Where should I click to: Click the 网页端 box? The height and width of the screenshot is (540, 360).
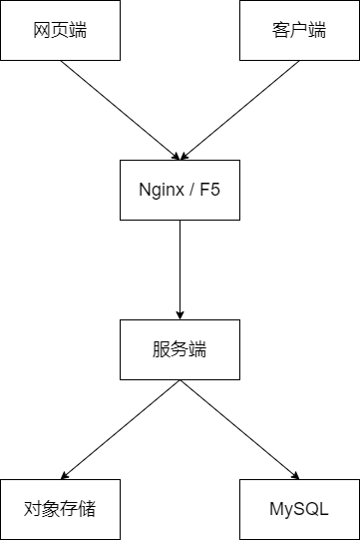pos(60,30)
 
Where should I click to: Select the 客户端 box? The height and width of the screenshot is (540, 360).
pos(300,30)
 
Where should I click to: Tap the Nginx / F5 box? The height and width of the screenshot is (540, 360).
pos(180,190)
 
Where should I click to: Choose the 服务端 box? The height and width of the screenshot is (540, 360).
pos(180,350)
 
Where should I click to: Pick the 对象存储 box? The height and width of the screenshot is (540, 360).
pos(60,509)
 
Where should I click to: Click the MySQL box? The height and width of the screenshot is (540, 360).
pos(300,509)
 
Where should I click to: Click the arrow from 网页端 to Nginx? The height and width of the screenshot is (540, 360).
pos(120,110)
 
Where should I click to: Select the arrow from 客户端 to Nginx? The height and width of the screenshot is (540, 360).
pos(240,110)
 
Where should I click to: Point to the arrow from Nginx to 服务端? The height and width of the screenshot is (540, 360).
pos(180,270)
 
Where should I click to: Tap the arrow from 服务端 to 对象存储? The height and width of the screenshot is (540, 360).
pos(120,429)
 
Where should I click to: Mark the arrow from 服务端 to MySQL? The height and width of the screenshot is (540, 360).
pos(240,429)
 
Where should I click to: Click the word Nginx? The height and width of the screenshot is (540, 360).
pos(162,190)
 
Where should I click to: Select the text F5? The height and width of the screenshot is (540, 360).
pos(210,190)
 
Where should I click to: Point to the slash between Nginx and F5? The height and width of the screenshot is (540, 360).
pos(191,190)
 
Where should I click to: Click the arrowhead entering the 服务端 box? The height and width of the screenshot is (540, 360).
pos(180,315)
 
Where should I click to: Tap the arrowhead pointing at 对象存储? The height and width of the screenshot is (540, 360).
pos(65,475)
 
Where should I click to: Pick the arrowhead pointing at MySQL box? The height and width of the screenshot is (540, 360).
pos(295,475)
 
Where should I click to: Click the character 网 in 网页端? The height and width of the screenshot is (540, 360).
pos(42,30)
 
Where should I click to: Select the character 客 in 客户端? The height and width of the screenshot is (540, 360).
pos(281,30)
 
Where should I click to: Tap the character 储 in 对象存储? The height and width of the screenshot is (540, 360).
pos(87,509)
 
